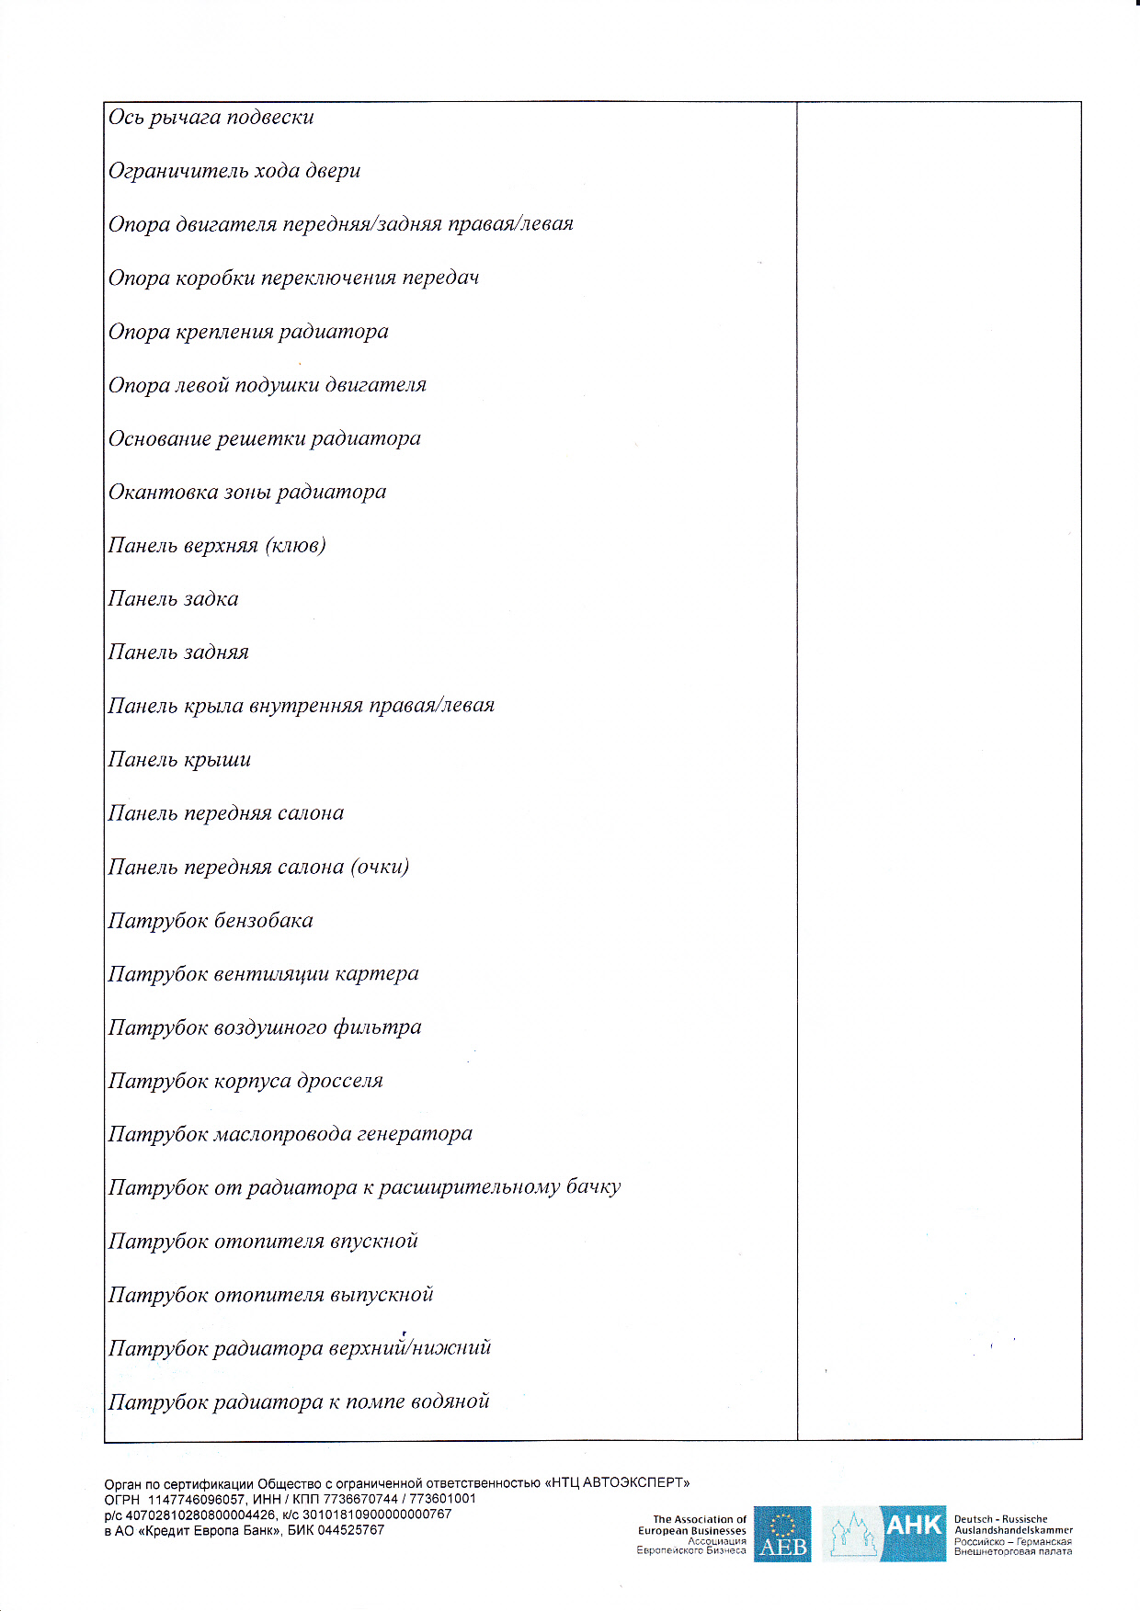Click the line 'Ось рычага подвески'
coord(211,118)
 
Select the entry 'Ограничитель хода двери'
coord(234,171)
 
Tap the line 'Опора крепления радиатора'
coord(248,332)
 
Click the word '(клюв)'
coord(295,546)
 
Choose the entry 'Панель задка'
coord(173,599)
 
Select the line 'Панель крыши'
coord(179,760)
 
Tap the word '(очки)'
coord(380,867)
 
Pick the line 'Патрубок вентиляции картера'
coord(263,974)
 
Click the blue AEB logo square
coord(782,1534)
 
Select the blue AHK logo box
coord(913,1532)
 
